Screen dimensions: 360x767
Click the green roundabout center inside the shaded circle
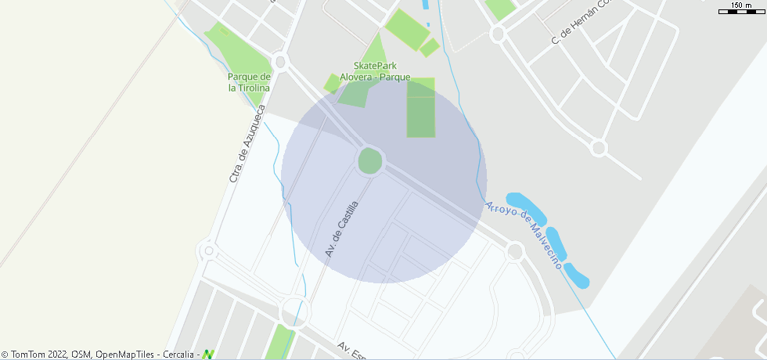370,161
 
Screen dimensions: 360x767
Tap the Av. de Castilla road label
342,229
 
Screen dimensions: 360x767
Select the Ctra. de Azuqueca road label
248,144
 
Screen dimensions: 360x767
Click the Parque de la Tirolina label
249,82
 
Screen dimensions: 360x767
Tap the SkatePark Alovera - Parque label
381,71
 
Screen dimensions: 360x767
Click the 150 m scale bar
741,10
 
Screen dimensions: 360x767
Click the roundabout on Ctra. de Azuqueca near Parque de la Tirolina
280,61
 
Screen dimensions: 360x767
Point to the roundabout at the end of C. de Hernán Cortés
599,147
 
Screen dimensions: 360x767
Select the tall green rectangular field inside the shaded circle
420,107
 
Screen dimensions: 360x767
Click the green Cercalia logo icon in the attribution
208,355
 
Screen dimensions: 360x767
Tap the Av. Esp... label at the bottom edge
352,351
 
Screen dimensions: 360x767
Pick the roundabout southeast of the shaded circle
514,251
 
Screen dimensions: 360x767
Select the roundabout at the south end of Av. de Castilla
297,309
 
